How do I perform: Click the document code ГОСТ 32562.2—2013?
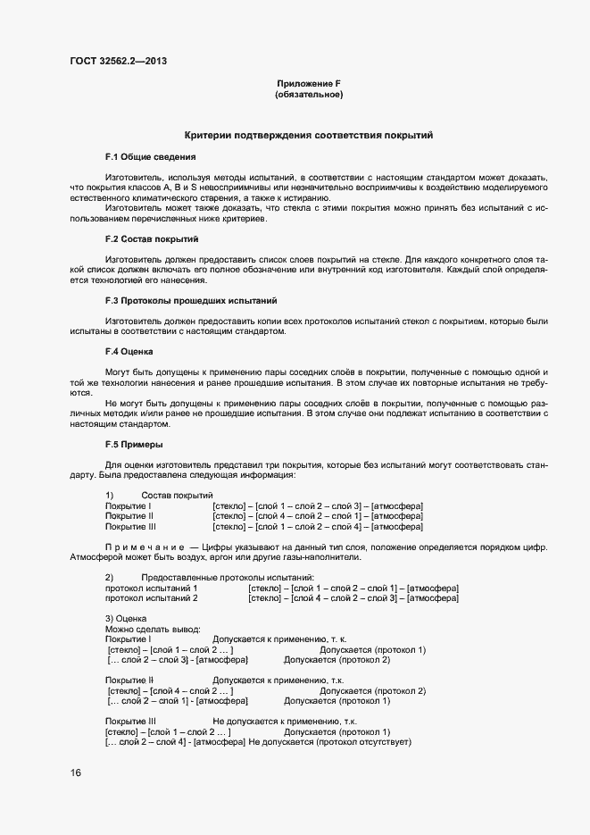[118, 61]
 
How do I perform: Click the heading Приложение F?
[309, 84]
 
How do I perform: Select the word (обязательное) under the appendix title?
[309, 95]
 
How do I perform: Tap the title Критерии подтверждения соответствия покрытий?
[308, 136]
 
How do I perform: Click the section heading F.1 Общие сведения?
[144, 157]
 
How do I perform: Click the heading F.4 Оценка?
[129, 351]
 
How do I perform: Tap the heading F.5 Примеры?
[134, 444]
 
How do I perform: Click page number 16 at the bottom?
[75, 773]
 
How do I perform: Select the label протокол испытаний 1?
[151, 589]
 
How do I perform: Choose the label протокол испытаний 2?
[151, 598]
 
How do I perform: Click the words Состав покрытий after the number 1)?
[177, 495]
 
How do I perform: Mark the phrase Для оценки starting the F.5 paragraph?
[129, 464]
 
